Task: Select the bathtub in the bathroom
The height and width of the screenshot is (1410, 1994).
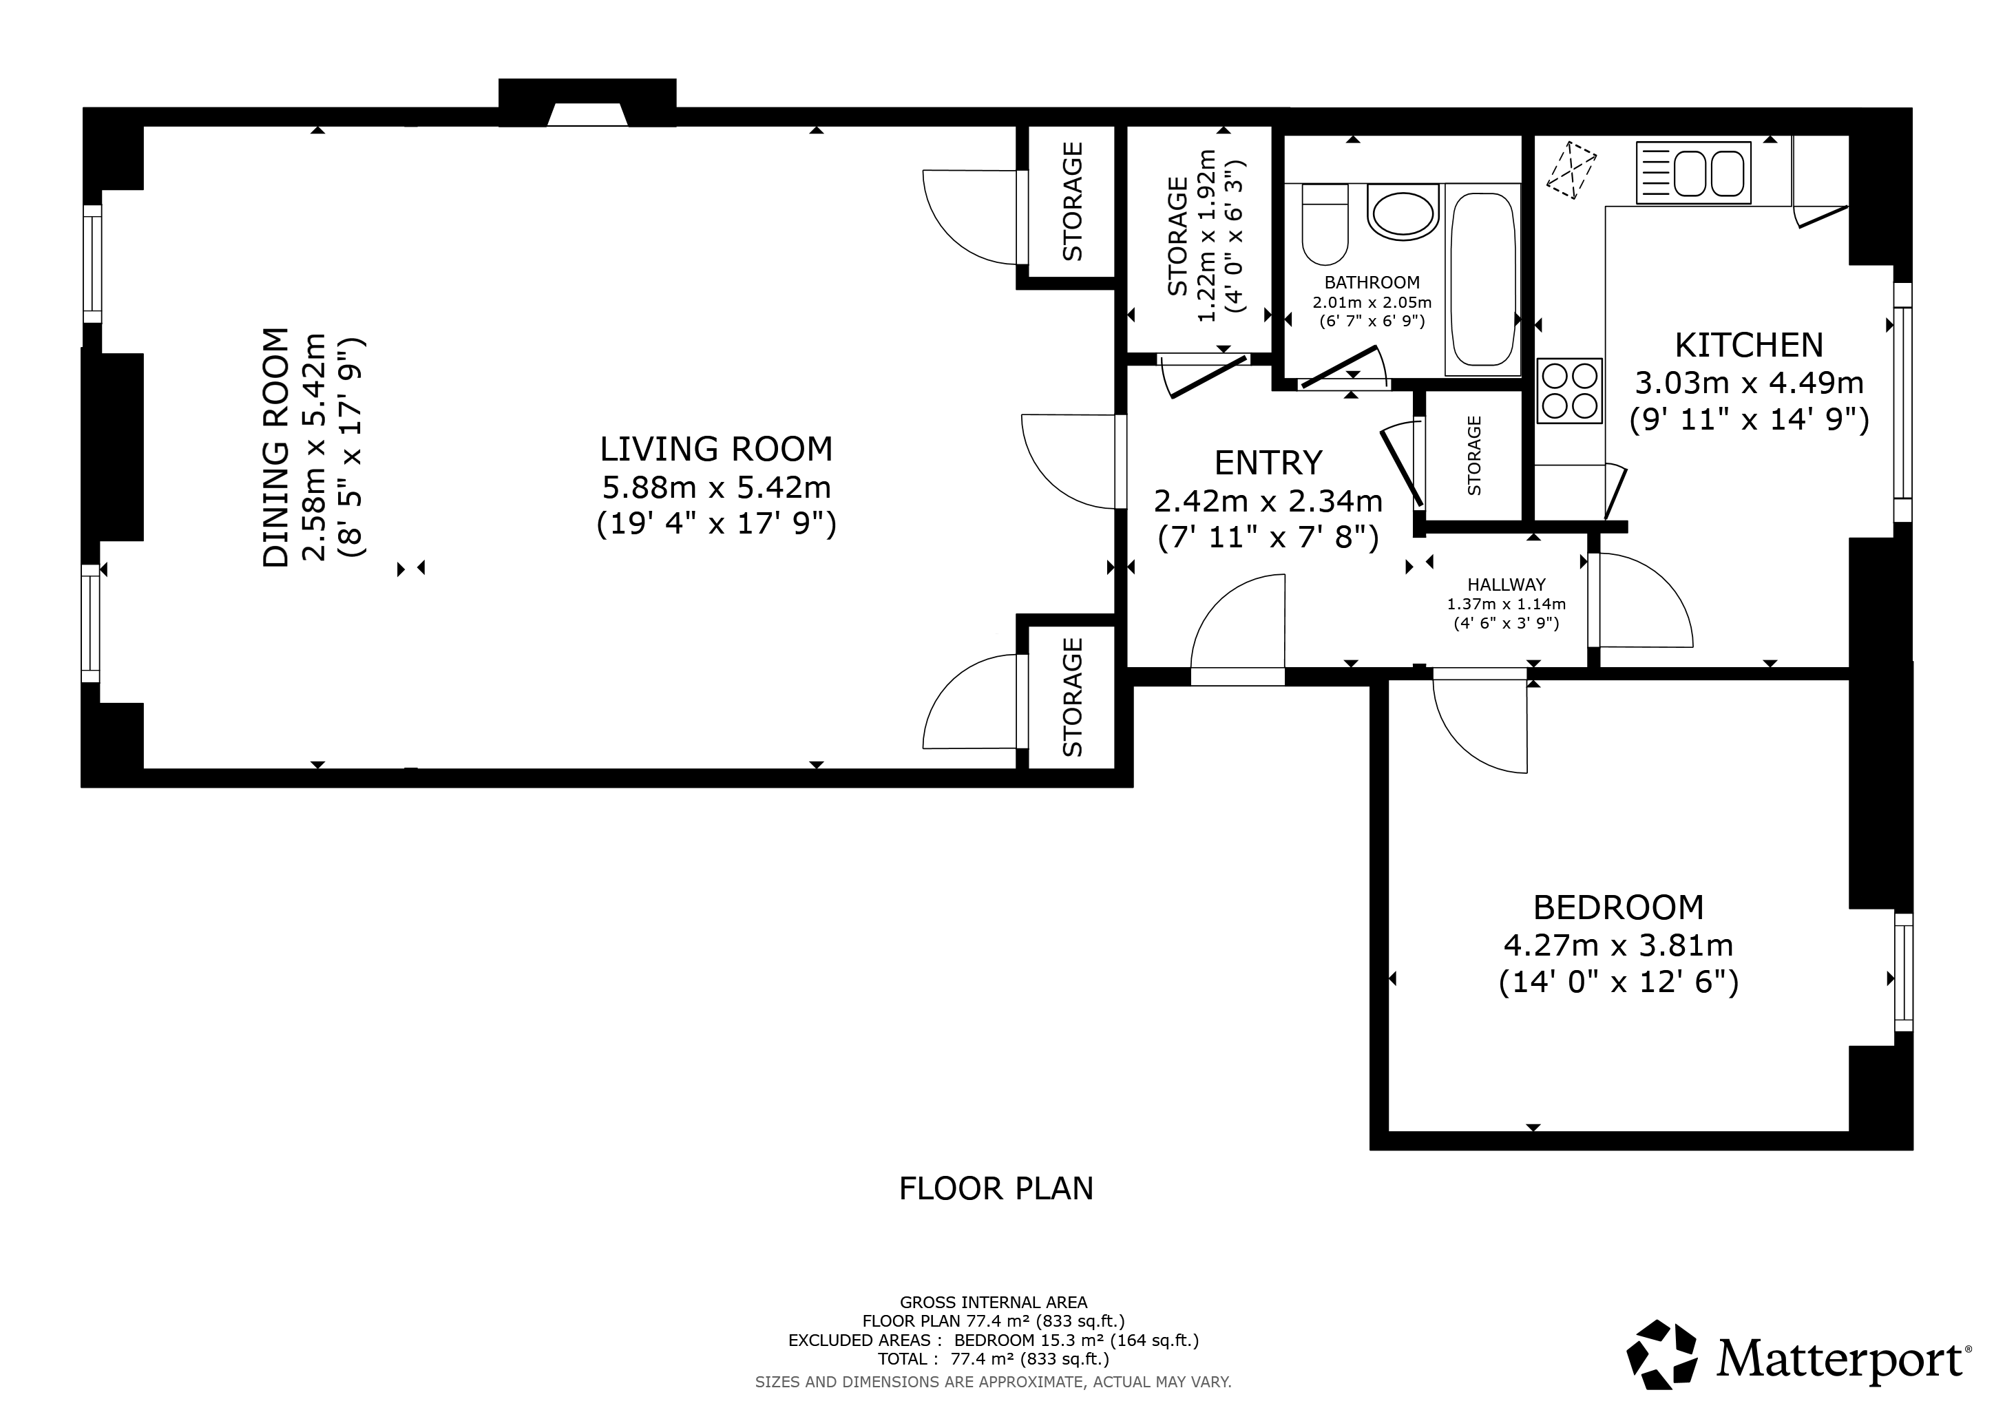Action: coord(1482,280)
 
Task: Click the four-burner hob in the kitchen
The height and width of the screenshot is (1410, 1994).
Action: coord(1569,390)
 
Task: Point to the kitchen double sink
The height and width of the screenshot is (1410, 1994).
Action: coord(1694,173)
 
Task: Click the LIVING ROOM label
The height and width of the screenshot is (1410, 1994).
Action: coord(717,449)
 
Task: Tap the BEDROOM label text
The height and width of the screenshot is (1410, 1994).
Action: coord(1619,907)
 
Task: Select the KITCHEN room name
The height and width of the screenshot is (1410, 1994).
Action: coord(1748,346)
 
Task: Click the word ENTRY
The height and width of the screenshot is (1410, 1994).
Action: coord(1268,463)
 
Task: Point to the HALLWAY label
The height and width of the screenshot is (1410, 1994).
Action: coord(1507,585)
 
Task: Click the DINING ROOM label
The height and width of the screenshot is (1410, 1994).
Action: coord(275,448)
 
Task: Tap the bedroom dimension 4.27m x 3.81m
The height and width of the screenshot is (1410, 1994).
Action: coord(1619,945)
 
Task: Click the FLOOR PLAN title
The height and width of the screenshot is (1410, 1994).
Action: coord(996,1188)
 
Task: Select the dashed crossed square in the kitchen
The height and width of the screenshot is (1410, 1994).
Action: coord(1571,171)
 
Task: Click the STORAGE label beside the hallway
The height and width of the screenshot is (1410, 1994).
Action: coord(1473,456)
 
